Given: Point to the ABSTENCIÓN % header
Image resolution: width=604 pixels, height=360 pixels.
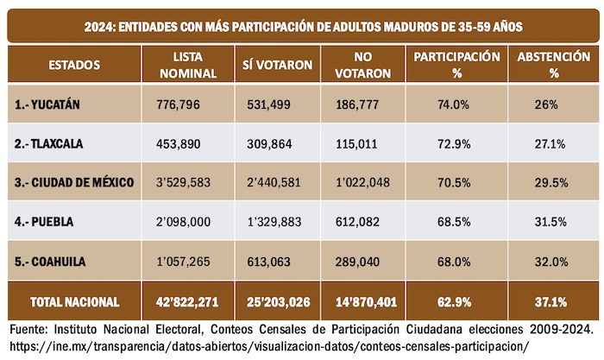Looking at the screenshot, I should (x=552, y=65).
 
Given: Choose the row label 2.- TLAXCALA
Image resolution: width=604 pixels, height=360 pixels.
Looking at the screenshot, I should (x=52, y=144).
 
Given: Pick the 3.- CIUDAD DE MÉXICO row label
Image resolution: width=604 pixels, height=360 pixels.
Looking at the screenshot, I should (x=74, y=183).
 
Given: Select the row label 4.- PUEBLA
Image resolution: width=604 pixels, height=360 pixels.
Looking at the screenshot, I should (x=45, y=222).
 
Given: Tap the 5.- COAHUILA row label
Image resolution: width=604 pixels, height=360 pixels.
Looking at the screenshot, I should (x=52, y=261).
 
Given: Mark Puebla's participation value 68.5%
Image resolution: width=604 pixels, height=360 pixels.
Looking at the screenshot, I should (x=453, y=222).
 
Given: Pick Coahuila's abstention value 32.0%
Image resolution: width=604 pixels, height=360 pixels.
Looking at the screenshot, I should (x=551, y=261).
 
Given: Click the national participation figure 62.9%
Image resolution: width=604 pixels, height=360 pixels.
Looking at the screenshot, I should (x=453, y=301).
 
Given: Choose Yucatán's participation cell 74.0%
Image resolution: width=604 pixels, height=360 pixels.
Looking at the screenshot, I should (x=453, y=105).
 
